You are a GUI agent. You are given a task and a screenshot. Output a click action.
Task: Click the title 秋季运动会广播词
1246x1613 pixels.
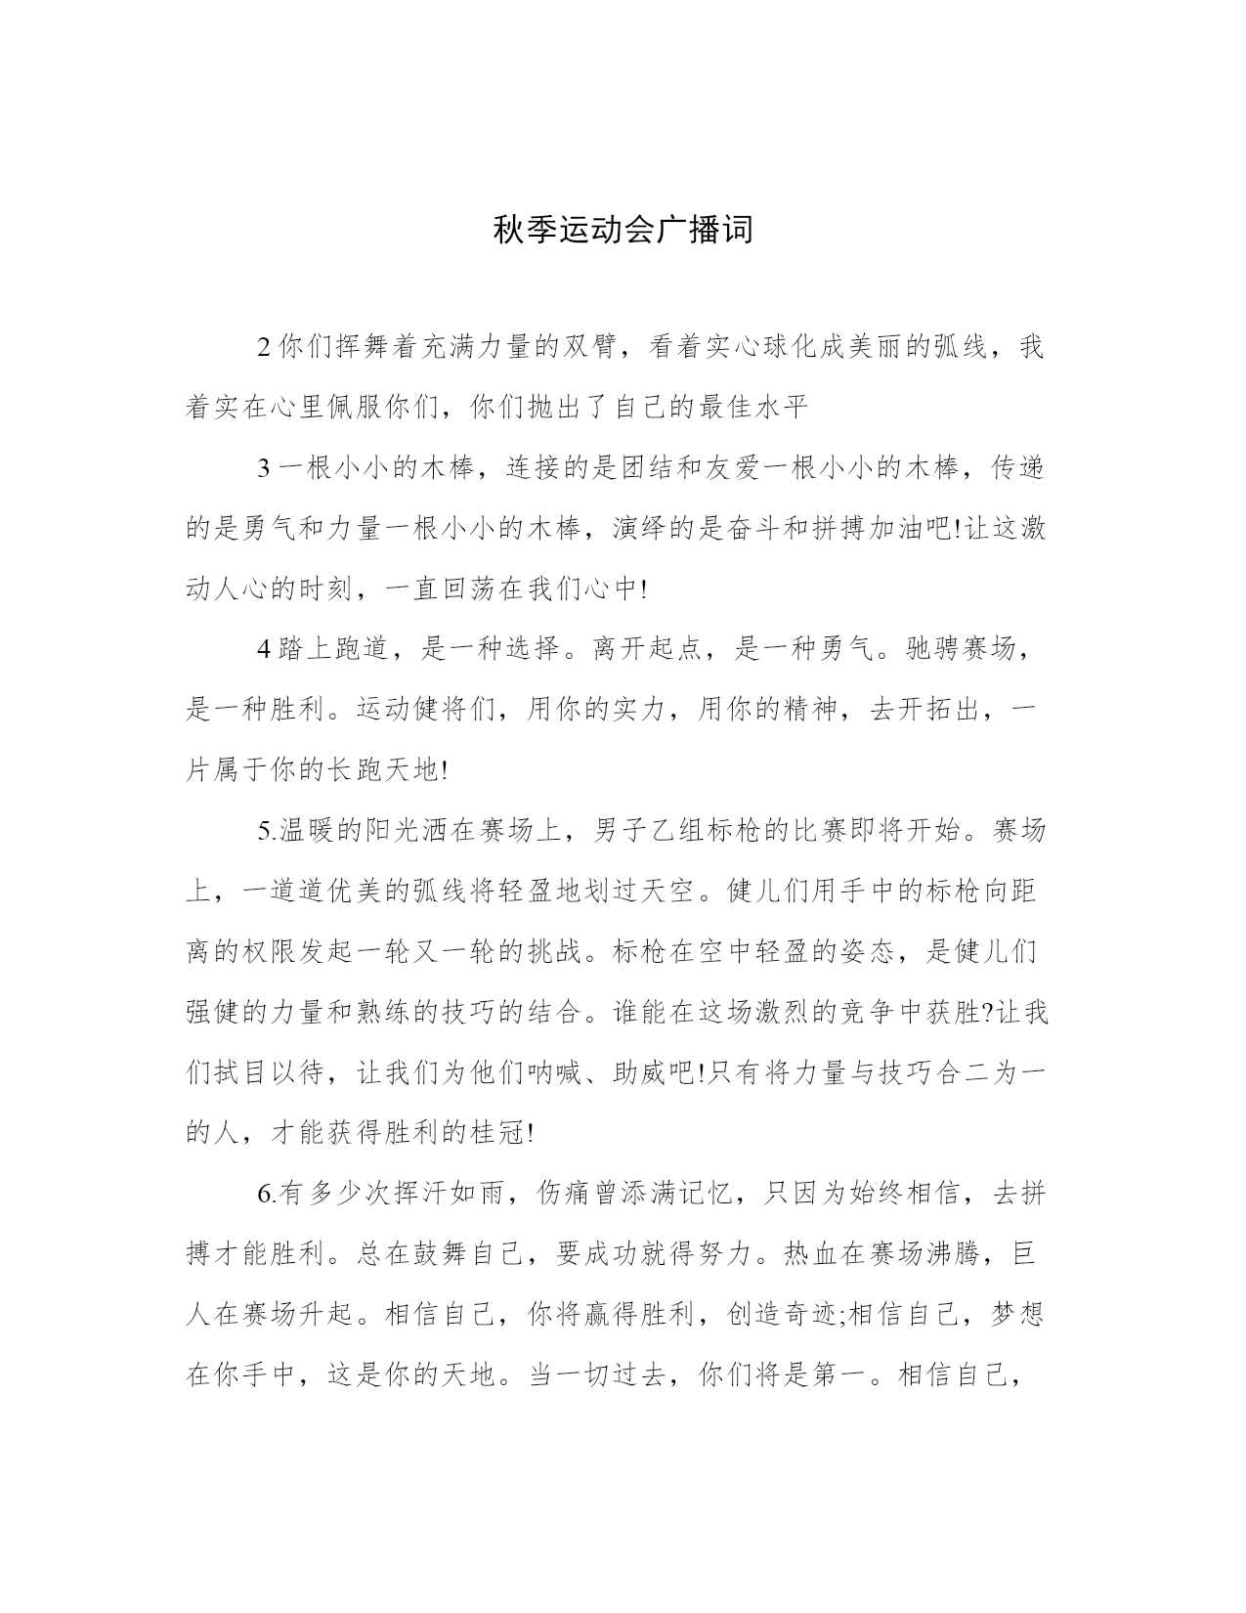tap(623, 231)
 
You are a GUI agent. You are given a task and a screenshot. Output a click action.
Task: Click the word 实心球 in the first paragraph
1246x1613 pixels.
tap(746, 347)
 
